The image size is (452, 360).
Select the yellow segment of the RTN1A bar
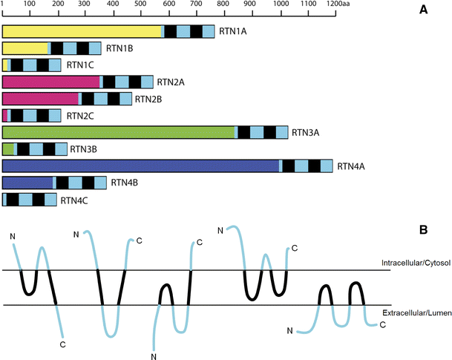(82, 31)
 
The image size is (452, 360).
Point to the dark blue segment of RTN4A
(141, 166)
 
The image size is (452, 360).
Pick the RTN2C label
(81, 116)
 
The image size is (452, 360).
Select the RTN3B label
(84, 149)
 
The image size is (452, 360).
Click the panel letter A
(422, 9)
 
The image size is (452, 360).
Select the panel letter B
(422, 230)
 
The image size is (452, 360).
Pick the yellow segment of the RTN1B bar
(25, 48)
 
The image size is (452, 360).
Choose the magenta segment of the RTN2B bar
(41, 99)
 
